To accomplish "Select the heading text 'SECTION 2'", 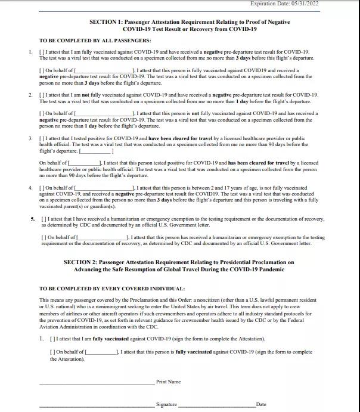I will (81, 262).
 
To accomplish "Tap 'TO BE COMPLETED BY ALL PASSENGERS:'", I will (95, 40).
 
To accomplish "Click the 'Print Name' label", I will (168, 382).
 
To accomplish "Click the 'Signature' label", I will (166, 404).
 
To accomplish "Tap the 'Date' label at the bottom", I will (261, 404).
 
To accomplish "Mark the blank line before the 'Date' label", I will (217, 406).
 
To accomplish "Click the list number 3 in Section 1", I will (30, 138).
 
